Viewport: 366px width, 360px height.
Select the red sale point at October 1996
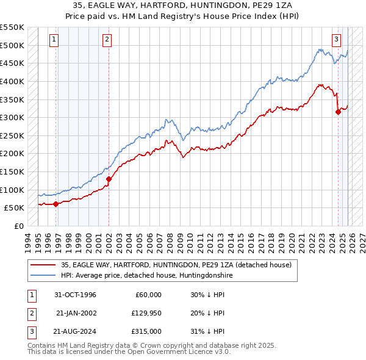pyautogui.click(x=56, y=204)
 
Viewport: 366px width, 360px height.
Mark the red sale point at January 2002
pyautogui.click(x=109, y=179)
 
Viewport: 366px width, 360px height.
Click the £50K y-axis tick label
pyautogui.click(x=15, y=207)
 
